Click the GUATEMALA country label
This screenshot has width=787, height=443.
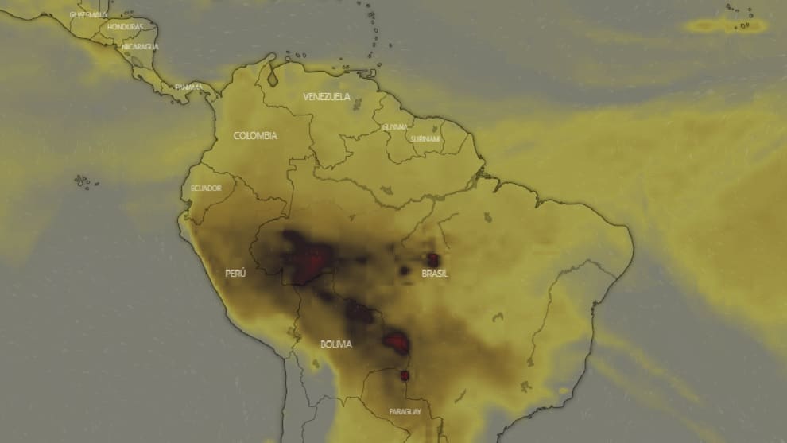pyautogui.click(x=88, y=14)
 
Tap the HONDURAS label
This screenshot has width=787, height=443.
pyautogui.click(x=125, y=27)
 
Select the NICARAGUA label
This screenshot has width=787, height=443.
pyautogui.click(x=140, y=47)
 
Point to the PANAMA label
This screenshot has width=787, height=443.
pyautogui.click(x=188, y=87)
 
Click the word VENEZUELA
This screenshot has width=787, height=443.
pyautogui.click(x=326, y=97)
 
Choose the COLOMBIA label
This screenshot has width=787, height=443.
pyautogui.click(x=255, y=136)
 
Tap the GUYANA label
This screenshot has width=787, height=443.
pyautogui.click(x=394, y=126)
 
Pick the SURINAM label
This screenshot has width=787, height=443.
pyautogui.click(x=425, y=138)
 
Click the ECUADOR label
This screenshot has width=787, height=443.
pyautogui.click(x=206, y=188)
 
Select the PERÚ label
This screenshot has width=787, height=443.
pyautogui.click(x=235, y=273)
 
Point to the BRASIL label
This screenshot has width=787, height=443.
pyautogui.click(x=435, y=274)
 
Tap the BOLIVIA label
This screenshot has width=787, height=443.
pyautogui.click(x=336, y=344)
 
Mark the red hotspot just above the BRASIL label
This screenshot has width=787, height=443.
pyautogui.click(x=433, y=259)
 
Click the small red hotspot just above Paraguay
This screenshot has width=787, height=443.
pyautogui.click(x=405, y=375)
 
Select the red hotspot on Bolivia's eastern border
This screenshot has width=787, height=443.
pyautogui.click(x=396, y=343)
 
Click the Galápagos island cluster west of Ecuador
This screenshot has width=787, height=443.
pyautogui.click(x=82, y=182)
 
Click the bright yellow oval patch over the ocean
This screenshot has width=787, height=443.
pyautogui.click(x=726, y=25)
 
